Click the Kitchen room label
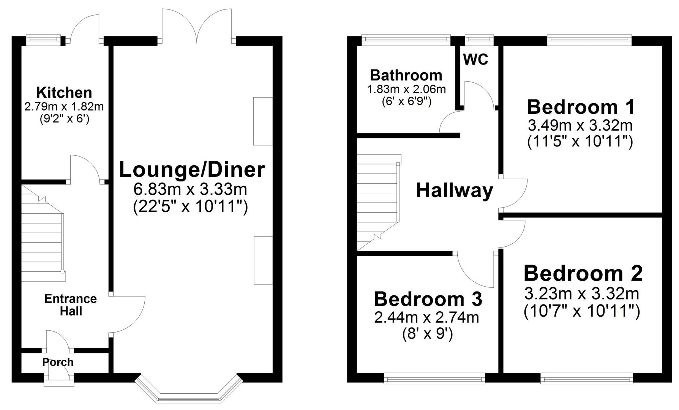pyautogui.click(x=64, y=93)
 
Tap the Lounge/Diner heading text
pyautogui.click(x=192, y=170)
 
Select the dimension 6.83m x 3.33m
pyautogui.click(x=190, y=189)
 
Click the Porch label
pyautogui.click(x=58, y=362)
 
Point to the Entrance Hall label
pyautogui.click(x=71, y=305)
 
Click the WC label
pyautogui.click(x=475, y=60)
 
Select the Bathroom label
pyautogui.click(x=406, y=75)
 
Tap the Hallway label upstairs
pyautogui.click(x=454, y=190)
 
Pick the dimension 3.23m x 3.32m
pyautogui.click(x=581, y=293)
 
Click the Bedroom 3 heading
pyautogui.click(x=428, y=299)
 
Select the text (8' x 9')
pyautogui.click(x=427, y=334)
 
